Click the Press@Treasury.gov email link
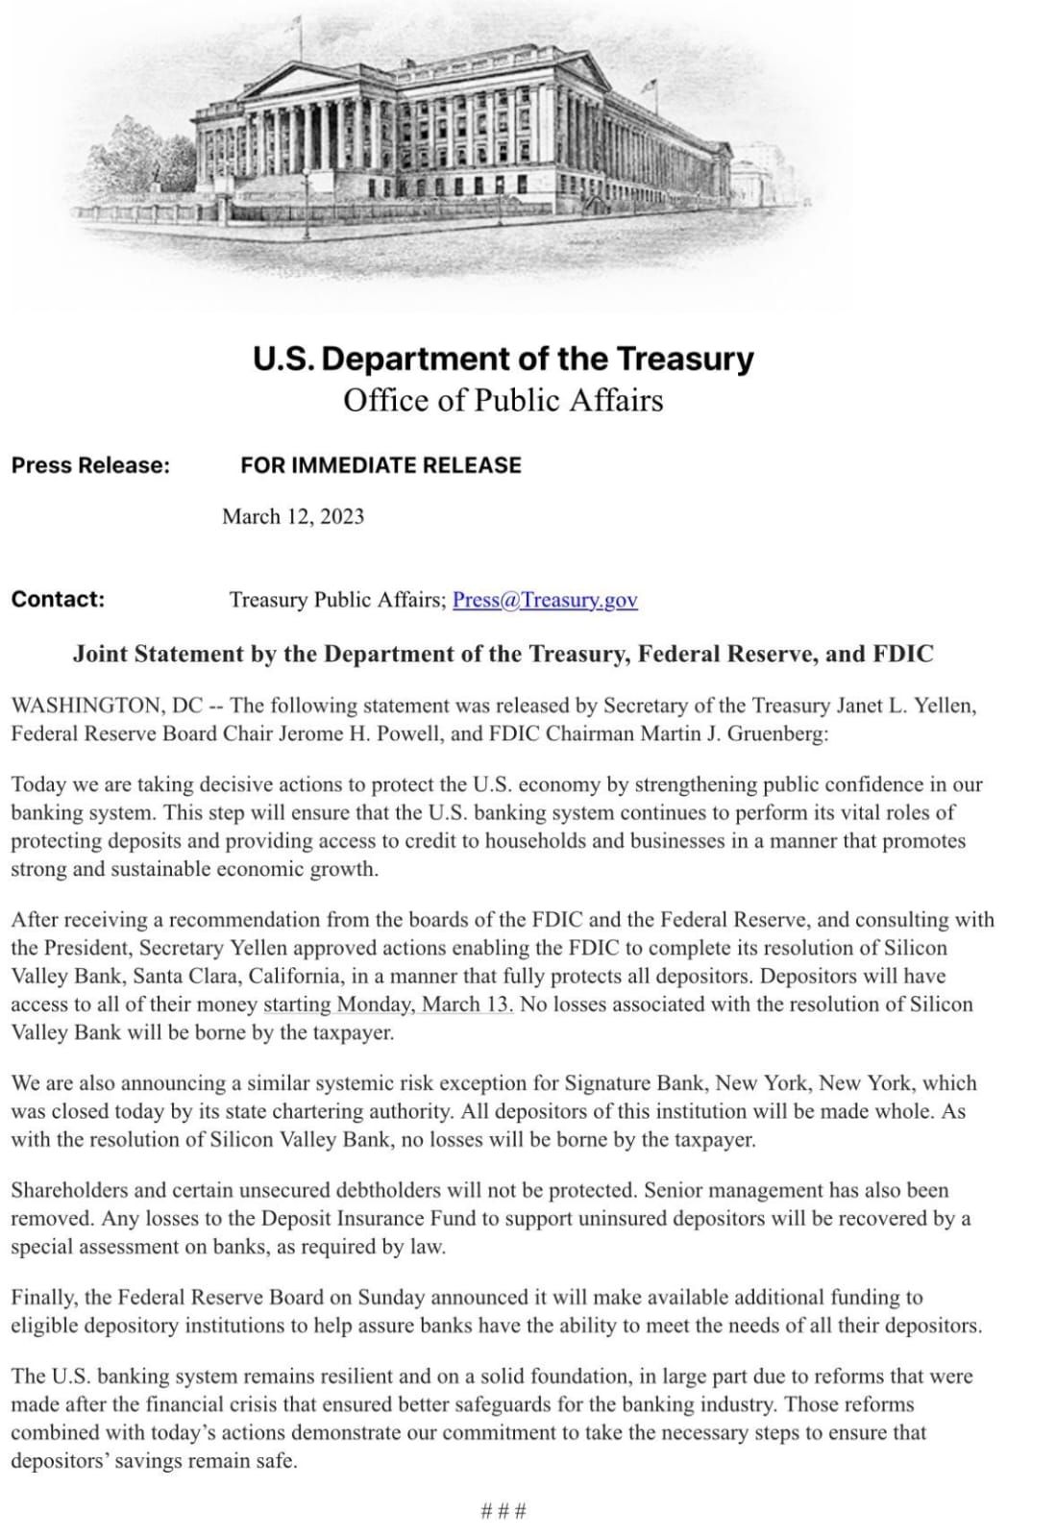[545, 600]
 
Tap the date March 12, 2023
[293, 516]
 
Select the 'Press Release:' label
[90, 465]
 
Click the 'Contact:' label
[58, 599]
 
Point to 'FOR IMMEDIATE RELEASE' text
[381, 465]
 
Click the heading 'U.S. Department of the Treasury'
[503, 359]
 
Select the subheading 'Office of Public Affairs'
[503, 400]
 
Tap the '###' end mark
[503, 1510]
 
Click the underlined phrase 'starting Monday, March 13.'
[388, 1005]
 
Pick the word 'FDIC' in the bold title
[902, 655]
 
